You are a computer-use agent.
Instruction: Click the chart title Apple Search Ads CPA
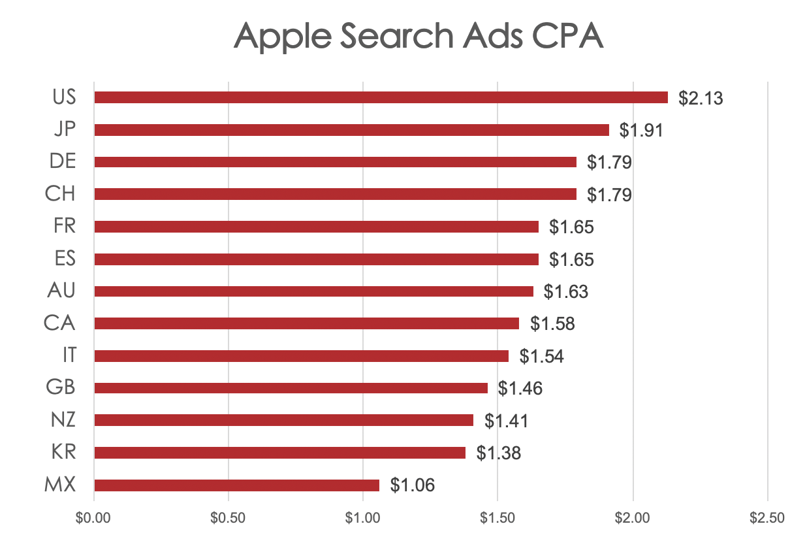pos(419,35)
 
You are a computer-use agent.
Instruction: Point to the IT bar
pos(301,356)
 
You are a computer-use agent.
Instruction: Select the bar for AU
pos(313,291)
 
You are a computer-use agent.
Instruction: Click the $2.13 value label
pos(701,98)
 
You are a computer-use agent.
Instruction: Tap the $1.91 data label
pos(641,130)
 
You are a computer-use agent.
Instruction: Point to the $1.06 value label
pos(412,485)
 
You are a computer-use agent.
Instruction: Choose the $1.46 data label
pos(520,389)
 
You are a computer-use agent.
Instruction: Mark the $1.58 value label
pos(552,324)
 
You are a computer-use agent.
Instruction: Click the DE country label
pos(63,162)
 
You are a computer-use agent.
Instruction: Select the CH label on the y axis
pos(61,194)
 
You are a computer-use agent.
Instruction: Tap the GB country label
pos(61,388)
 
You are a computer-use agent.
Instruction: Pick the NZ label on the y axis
pos(63,420)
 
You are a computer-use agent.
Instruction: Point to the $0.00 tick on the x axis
pos(94,518)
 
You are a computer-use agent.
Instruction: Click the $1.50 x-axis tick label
pos(498,518)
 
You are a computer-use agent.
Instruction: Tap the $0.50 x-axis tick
pos(229,518)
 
